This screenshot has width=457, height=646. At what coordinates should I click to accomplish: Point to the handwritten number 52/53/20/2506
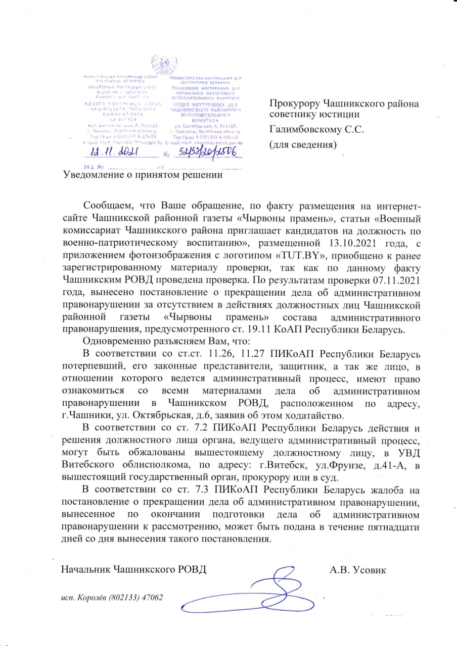click(204, 151)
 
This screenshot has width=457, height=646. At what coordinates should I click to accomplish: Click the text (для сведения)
click(302, 144)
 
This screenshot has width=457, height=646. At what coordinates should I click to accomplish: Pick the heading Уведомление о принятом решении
click(142, 175)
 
